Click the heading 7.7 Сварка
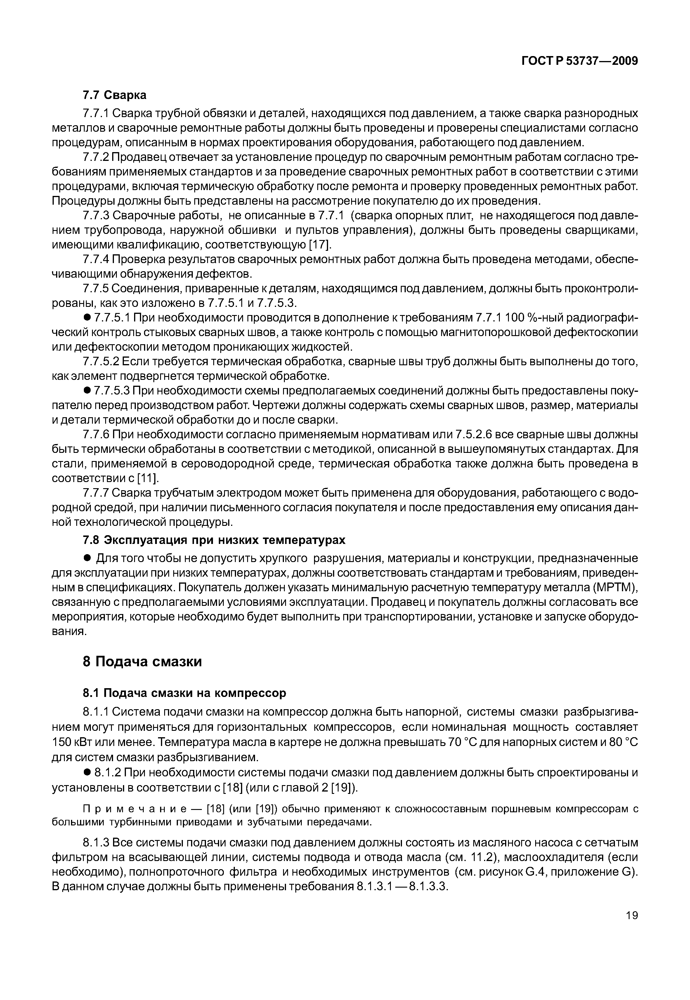(115, 95)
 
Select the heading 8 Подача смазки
(142, 662)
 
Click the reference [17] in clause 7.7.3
(320, 245)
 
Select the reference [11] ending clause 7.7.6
(148, 478)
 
